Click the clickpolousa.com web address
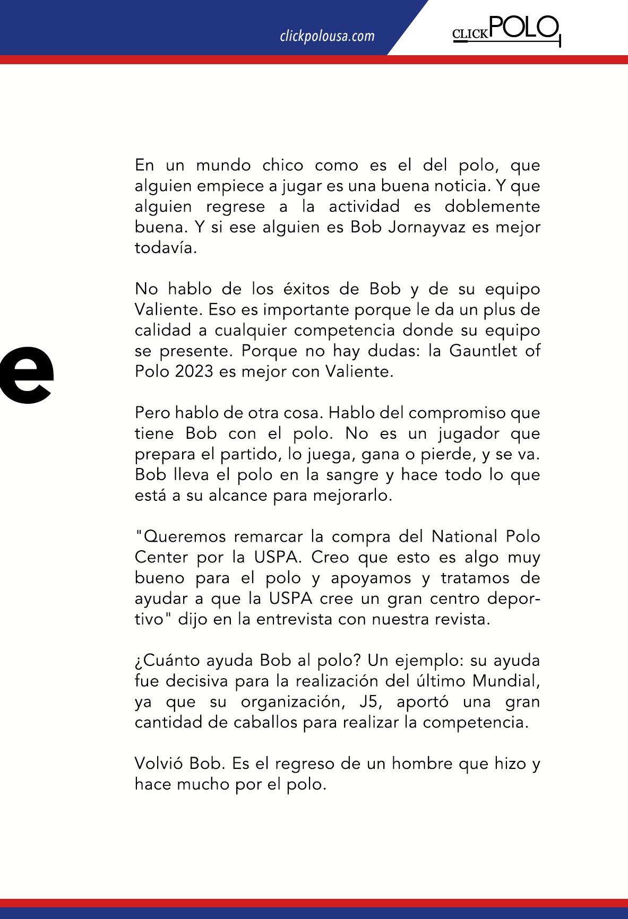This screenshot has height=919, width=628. [327, 36]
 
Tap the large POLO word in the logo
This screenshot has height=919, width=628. [524, 29]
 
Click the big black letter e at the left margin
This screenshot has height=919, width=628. [27, 375]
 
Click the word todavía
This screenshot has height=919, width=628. [166, 248]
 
